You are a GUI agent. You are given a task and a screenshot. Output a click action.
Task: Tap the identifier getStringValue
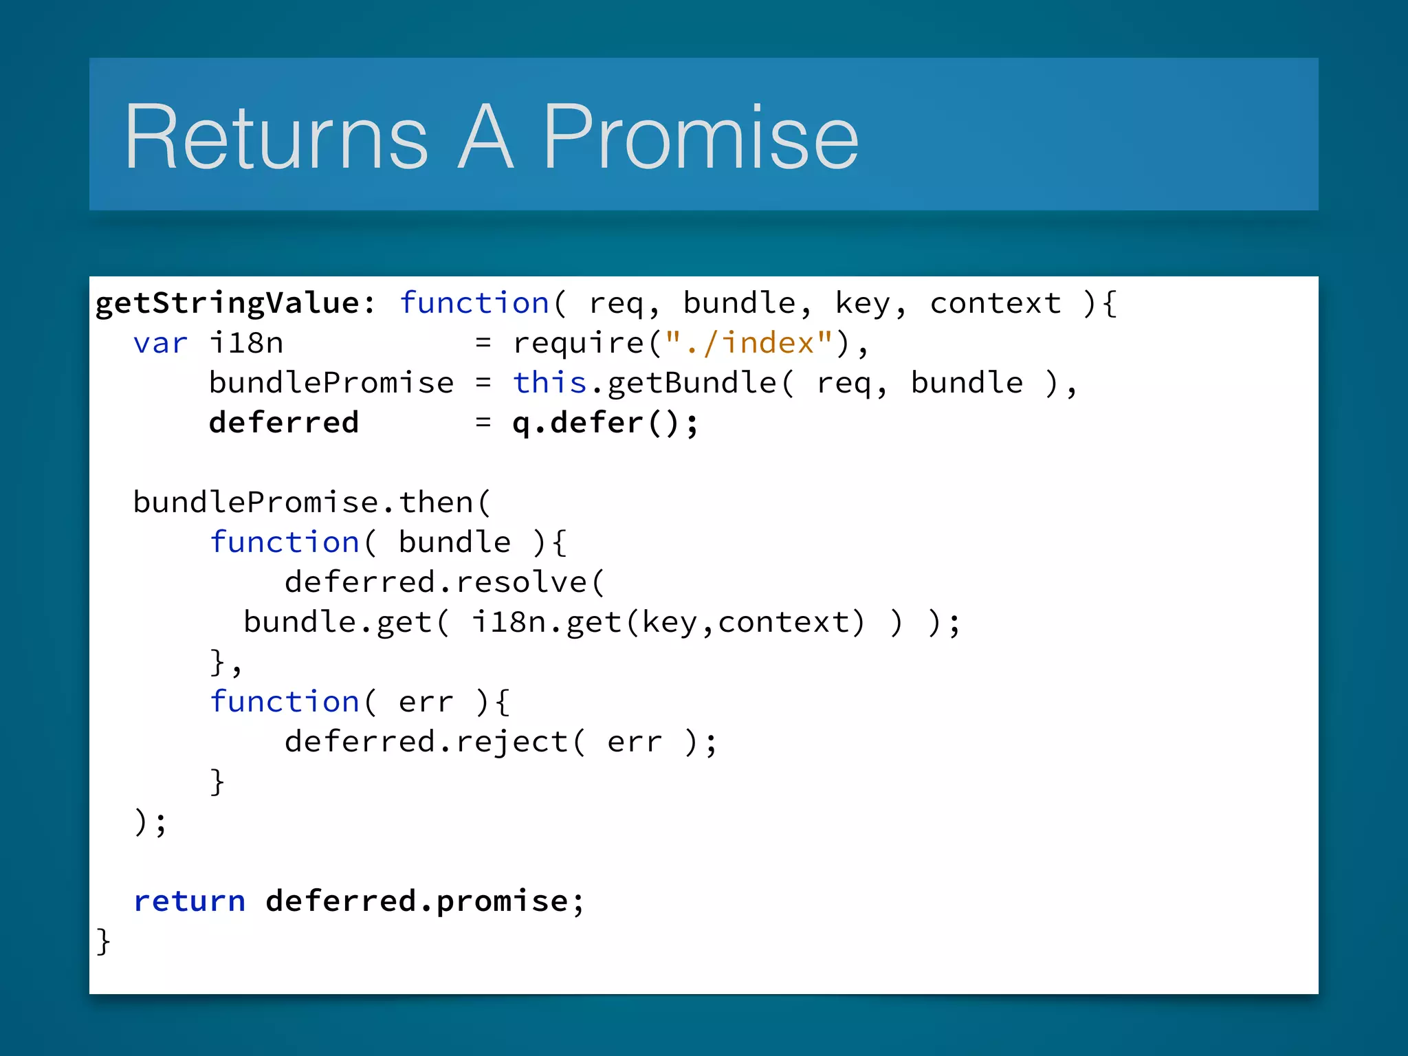pyautogui.click(x=227, y=303)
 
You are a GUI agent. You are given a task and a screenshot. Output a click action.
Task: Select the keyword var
pyautogui.click(x=160, y=343)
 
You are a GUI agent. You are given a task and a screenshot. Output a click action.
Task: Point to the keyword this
pyautogui.click(x=549, y=382)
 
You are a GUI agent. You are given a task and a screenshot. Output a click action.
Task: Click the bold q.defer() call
pyautogui.click(x=604, y=422)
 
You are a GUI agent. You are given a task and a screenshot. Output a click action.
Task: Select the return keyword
pyautogui.click(x=190, y=901)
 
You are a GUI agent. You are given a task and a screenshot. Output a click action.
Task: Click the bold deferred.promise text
pyautogui.click(x=424, y=901)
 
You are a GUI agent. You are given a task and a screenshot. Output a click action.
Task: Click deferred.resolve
pyautogui.click(x=436, y=582)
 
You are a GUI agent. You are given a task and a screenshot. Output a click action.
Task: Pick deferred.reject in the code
pyautogui.click(x=426, y=742)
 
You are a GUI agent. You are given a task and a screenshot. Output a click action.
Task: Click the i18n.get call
pyautogui.click(x=547, y=622)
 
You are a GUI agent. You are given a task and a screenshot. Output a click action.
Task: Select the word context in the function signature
pyautogui.click(x=995, y=303)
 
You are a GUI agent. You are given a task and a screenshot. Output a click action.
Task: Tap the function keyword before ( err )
pyautogui.click(x=285, y=702)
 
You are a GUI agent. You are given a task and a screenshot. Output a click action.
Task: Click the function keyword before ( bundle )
pyautogui.click(x=285, y=542)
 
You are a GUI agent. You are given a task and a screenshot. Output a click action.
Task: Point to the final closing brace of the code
pyautogui.click(x=103, y=941)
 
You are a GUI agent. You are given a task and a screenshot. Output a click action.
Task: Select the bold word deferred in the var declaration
pyautogui.click(x=284, y=422)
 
